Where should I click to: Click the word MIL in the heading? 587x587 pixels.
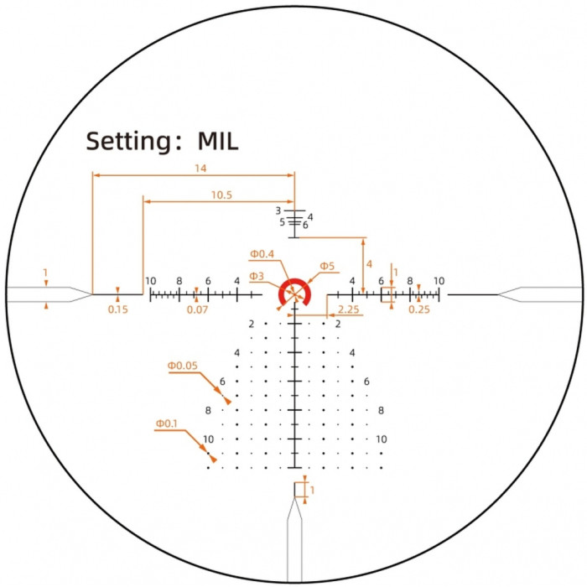click(218, 141)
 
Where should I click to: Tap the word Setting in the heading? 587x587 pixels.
click(128, 142)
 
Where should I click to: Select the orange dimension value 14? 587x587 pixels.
click(200, 169)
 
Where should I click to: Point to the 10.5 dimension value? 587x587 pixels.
click(221, 195)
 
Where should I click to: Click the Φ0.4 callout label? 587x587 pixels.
click(262, 254)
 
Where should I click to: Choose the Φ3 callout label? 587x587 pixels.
click(257, 276)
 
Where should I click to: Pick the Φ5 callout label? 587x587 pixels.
click(326, 267)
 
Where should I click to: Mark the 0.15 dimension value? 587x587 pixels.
click(117, 309)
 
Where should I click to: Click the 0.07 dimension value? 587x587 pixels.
click(198, 309)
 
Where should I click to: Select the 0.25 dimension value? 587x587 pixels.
click(418, 309)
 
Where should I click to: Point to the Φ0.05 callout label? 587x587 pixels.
click(182, 366)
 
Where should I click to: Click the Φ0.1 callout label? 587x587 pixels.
click(166, 424)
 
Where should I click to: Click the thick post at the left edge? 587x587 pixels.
click(42, 293)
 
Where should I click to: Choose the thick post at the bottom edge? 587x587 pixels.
click(294, 545)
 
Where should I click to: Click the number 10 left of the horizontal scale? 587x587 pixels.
click(150, 281)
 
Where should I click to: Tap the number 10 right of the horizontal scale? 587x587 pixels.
click(438, 281)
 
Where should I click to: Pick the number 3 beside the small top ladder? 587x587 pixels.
click(278, 210)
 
